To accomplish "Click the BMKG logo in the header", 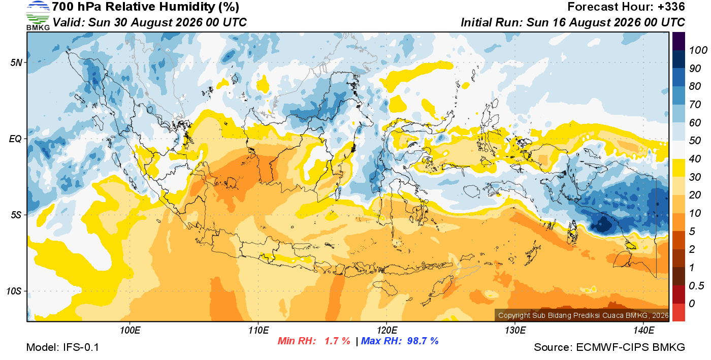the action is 38,16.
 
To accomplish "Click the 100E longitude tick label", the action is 130,331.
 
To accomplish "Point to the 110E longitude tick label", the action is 258,331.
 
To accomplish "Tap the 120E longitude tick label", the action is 387,331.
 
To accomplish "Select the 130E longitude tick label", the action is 515,331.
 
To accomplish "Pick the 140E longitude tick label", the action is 644,331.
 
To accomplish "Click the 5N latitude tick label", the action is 16,62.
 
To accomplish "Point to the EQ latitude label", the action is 16,139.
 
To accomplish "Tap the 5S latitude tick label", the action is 16,215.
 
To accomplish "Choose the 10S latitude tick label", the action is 14,291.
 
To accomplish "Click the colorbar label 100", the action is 698,50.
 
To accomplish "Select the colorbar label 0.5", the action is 696,286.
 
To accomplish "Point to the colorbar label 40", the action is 695,159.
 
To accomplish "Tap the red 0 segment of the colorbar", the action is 678,312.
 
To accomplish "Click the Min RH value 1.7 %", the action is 337,341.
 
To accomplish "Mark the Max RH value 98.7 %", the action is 423,341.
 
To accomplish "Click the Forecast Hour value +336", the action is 671,7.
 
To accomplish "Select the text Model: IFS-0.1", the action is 62,347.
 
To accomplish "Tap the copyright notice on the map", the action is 583,315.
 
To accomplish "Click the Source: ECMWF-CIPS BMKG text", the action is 609,347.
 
